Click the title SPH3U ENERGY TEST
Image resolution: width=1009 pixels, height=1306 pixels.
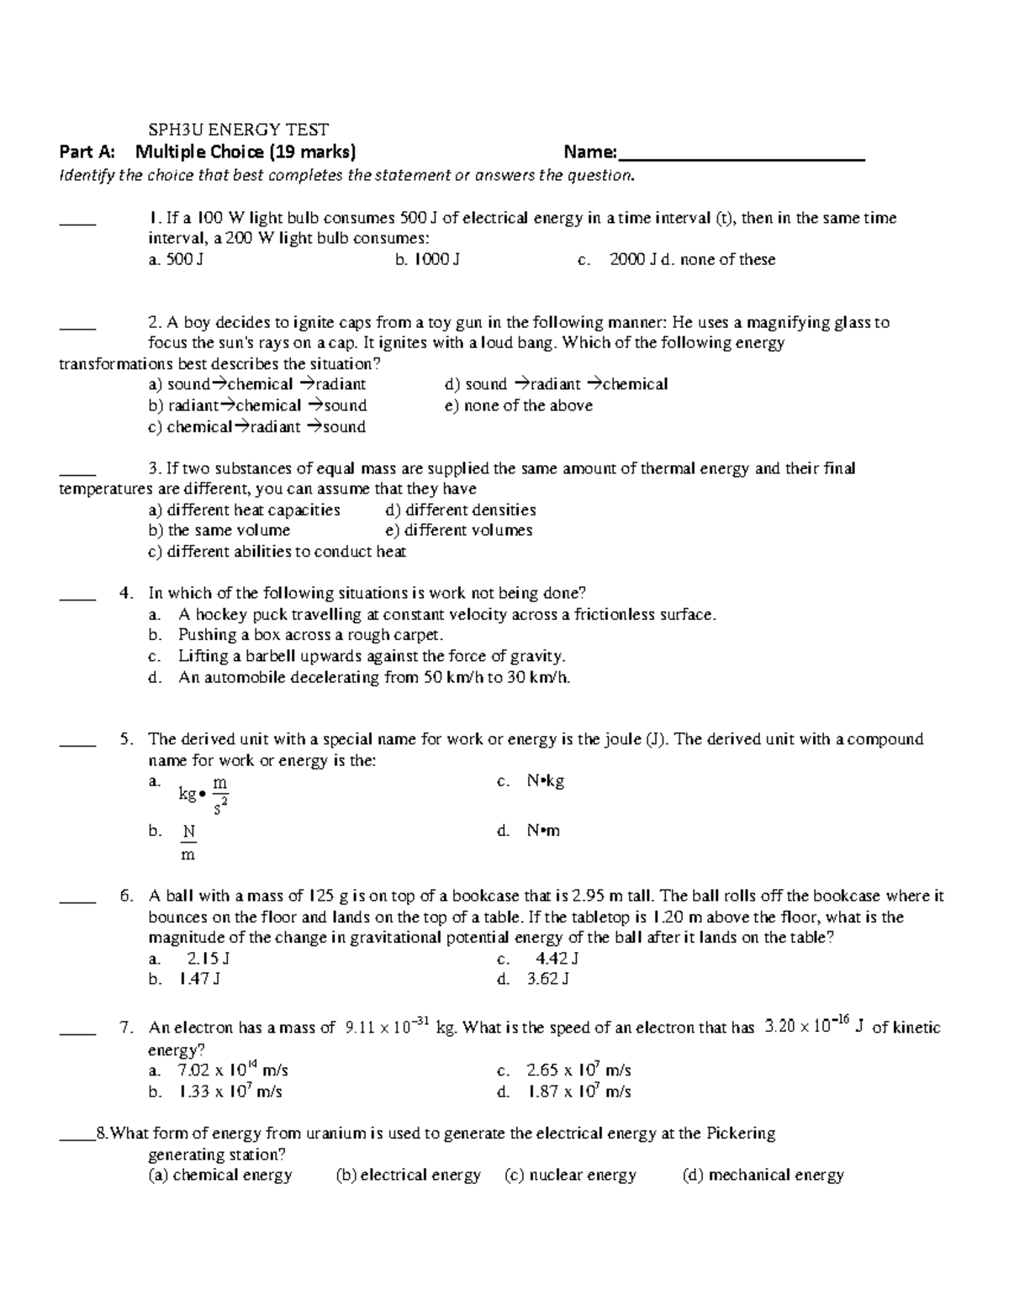coord(238,130)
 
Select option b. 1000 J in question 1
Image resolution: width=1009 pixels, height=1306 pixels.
coord(427,260)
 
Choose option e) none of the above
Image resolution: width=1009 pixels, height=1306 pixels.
coord(518,405)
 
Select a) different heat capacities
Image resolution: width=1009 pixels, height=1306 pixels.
coord(244,510)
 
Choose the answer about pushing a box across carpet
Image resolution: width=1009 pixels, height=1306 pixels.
coord(309,635)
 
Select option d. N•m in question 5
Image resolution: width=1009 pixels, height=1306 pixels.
coord(543,831)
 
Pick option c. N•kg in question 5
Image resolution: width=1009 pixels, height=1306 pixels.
coord(545,781)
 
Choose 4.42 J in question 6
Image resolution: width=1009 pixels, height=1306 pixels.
coord(556,959)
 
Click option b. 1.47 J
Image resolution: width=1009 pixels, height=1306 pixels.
coord(199,979)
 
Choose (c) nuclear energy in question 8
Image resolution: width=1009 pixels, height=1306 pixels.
coord(570,1175)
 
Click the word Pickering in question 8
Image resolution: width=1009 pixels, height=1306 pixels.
coord(739,1133)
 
